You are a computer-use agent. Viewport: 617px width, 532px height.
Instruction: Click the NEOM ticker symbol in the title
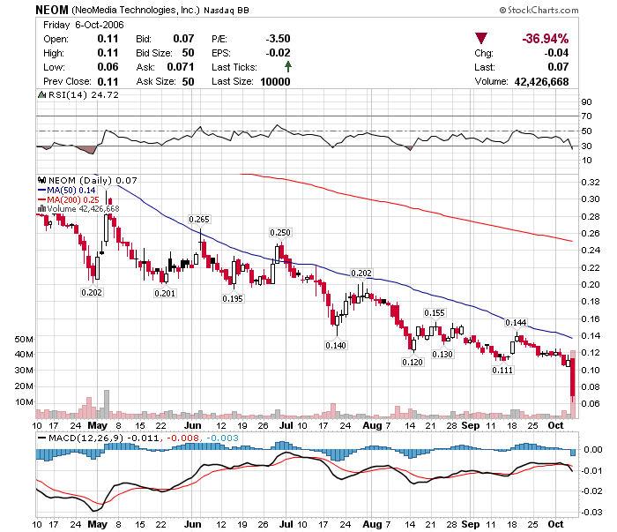pyautogui.click(x=50, y=10)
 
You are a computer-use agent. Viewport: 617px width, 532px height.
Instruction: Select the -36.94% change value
pyautogui.click(x=545, y=39)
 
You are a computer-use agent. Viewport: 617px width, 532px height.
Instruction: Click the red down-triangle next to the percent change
pyautogui.click(x=481, y=39)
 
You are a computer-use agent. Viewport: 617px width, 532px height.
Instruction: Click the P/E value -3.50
pyautogui.click(x=278, y=39)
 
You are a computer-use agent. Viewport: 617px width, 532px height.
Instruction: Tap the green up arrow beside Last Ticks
pyautogui.click(x=288, y=67)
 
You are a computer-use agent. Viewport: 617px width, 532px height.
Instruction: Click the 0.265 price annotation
pyautogui.click(x=199, y=219)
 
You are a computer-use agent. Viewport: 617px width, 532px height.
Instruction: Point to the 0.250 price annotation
pyautogui.click(x=279, y=231)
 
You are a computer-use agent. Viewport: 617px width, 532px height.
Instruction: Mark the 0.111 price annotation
pyautogui.click(x=502, y=370)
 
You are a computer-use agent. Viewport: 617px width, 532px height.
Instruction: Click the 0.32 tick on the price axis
pyautogui.click(x=590, y=181)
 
